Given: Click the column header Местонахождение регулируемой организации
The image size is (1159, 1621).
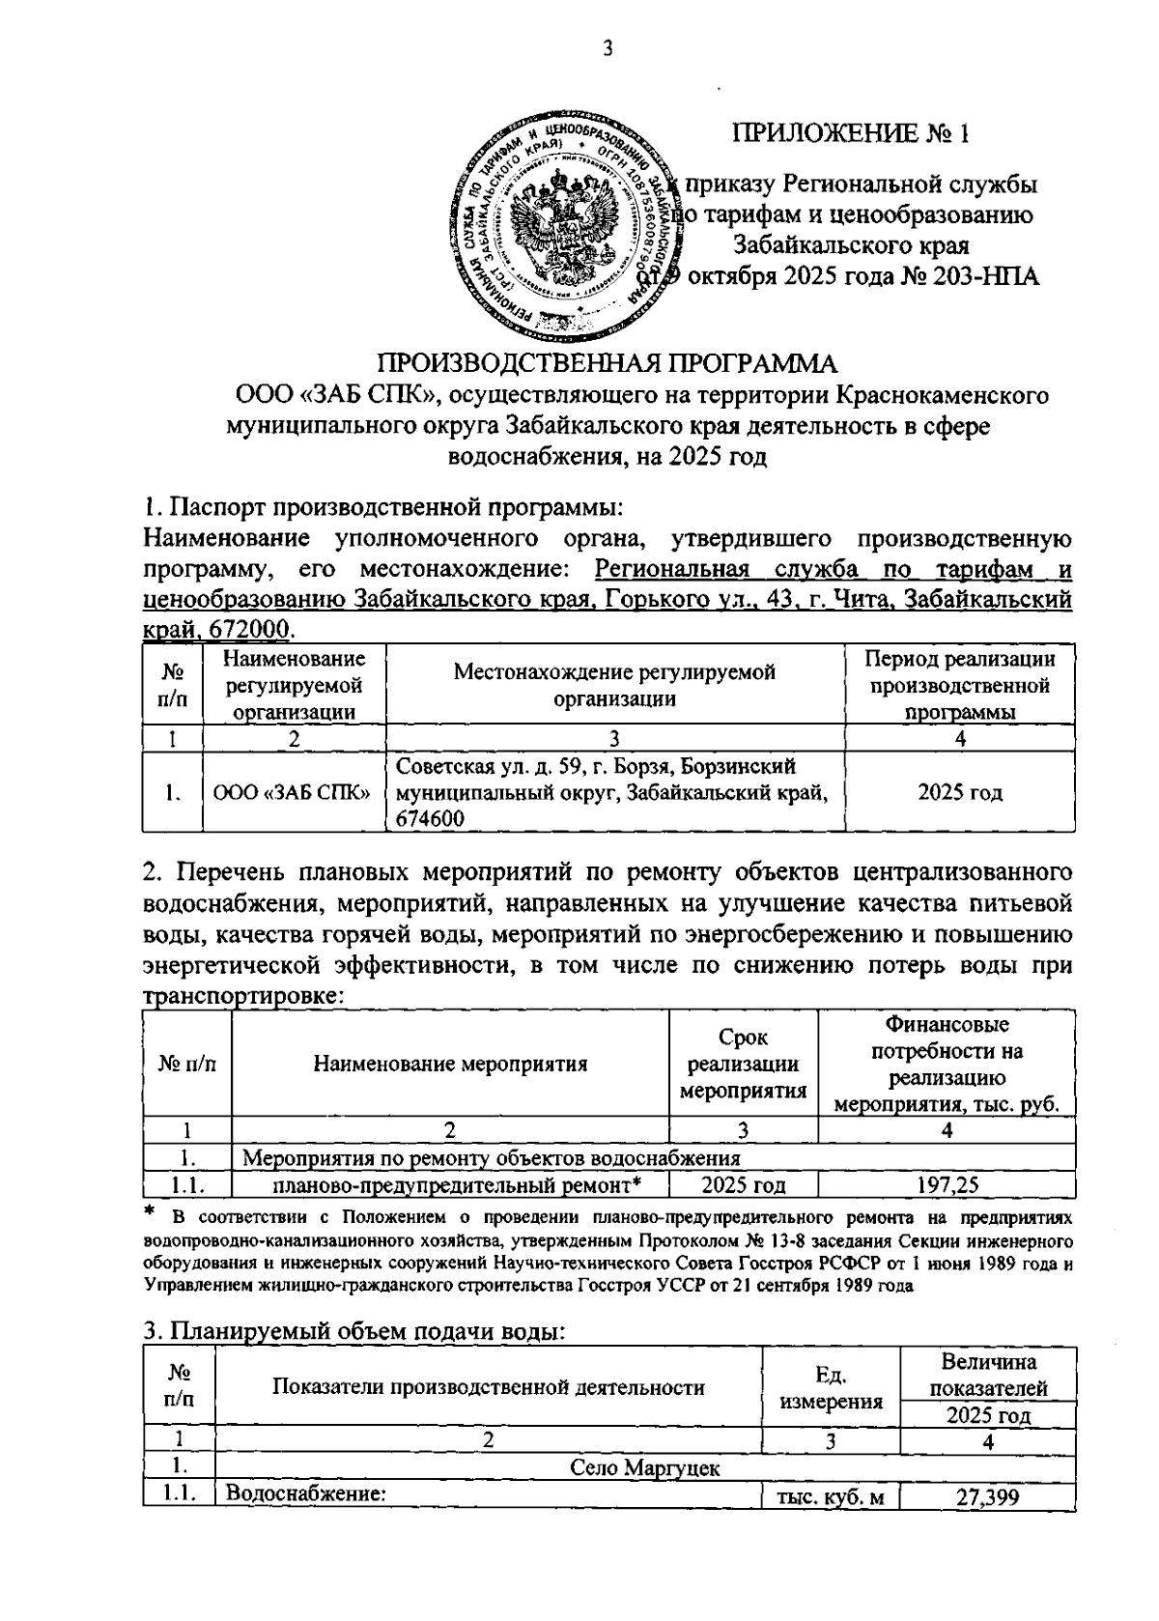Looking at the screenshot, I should (x=614, y=684).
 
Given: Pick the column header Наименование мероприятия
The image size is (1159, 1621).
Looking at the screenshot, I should (x=450, y=1065).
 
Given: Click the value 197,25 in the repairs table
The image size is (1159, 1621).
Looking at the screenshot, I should (x=947, y=1185).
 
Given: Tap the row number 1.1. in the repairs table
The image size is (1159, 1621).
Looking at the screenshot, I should (x=187, y=1185).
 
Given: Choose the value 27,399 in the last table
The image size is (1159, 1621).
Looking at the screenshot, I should (x=987, y=1497).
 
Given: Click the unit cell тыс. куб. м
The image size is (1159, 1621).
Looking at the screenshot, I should (x=831, y=1497).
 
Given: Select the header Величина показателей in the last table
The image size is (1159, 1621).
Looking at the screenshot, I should (x=987, y=1375).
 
